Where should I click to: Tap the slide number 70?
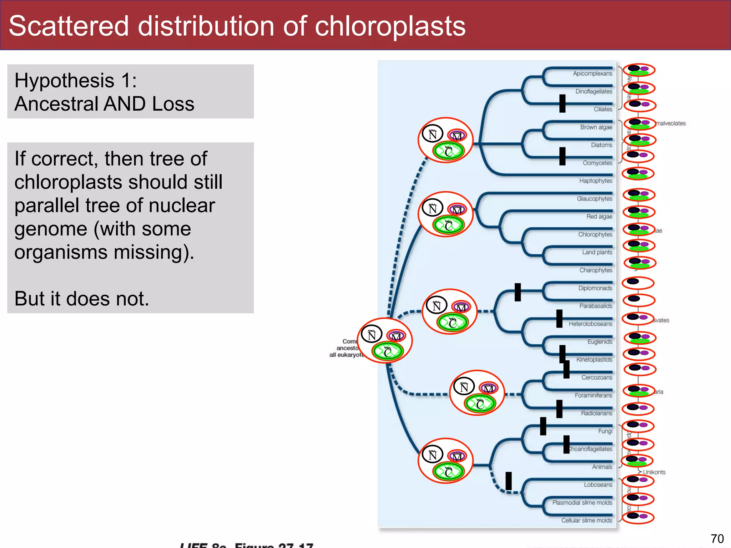click(717, 538)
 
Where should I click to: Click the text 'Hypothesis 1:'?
click(76, 80)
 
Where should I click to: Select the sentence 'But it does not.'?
click(82, 299)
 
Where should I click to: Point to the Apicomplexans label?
click(592, 73)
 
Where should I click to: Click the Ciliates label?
click(603, 109)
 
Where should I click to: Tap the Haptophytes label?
click(595, 181)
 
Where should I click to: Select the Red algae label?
click(599, 217)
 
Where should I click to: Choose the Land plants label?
click(597, 252)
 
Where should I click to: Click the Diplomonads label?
click(595, 288)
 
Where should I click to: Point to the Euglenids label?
click(600, 342)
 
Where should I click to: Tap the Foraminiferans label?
click(593, 395)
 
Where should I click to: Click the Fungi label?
click(605, 431)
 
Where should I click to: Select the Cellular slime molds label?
click(586, 521)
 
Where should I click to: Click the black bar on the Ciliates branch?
click(562, 103)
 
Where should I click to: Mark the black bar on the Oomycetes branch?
click(562, 156)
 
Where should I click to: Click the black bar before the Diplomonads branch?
click(518, 292)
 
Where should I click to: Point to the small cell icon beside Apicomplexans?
click(639, 70)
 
